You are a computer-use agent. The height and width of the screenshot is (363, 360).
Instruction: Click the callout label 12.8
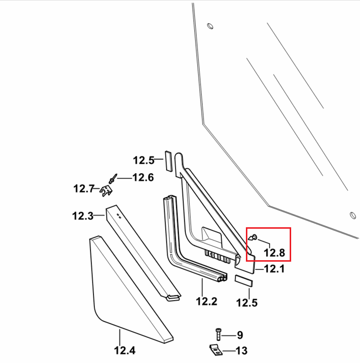[x=274, y=252]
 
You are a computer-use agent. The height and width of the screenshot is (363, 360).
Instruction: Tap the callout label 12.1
[x=274, y=269]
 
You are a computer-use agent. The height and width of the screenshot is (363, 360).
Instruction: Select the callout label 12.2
[x=207, y=302]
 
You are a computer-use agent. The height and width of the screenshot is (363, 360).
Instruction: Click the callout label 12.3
[x=83, y=216]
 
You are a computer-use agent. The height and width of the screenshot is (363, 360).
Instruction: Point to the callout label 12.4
[x=125, y=350]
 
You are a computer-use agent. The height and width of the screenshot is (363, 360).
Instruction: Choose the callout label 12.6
[x=143, y=178]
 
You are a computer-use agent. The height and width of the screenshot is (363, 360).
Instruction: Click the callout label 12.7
[x=84, y=189]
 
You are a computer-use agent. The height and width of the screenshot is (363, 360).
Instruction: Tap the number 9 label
[x=240, y=335]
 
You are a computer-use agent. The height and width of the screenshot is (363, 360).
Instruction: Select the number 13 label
[x=241, y=351]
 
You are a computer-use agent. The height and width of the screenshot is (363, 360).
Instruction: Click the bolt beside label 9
[x=218, y=334]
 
